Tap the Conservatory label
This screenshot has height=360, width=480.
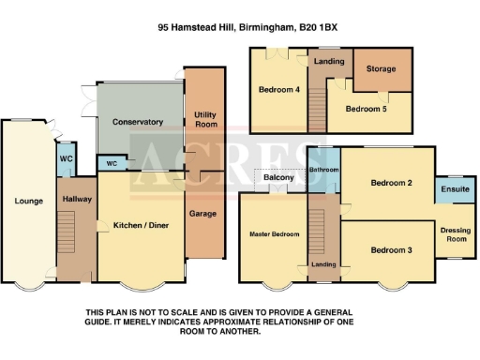coord(138,123)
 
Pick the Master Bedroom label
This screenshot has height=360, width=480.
coord(274,233)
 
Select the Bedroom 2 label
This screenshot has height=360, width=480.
coord(391,182)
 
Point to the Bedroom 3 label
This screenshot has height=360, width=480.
coord(391,249)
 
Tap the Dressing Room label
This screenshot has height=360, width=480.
coord(455,235)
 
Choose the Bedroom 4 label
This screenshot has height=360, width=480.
coord(278,90)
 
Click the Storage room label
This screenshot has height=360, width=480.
coord(381,68)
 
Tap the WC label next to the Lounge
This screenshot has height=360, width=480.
coord(67,158)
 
